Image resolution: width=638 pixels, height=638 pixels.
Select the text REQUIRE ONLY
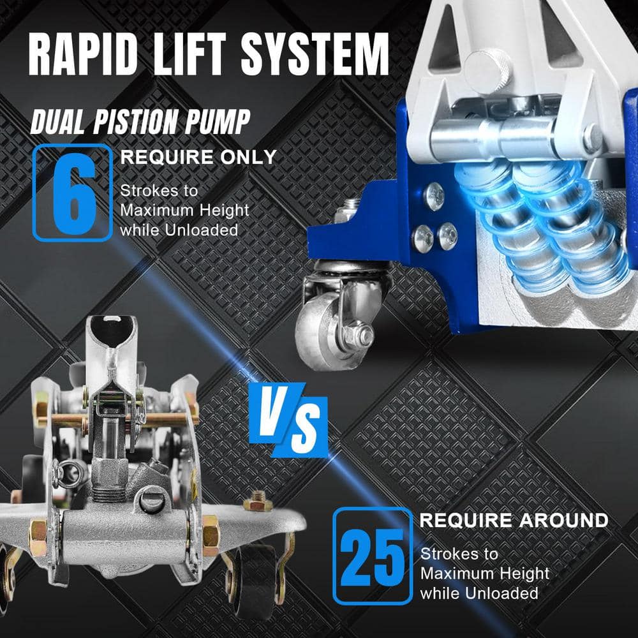tap(198, 158)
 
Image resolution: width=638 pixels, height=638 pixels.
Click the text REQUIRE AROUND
tap(514, 520)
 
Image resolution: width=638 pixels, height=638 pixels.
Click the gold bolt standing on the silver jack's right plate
tap(257, 502)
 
